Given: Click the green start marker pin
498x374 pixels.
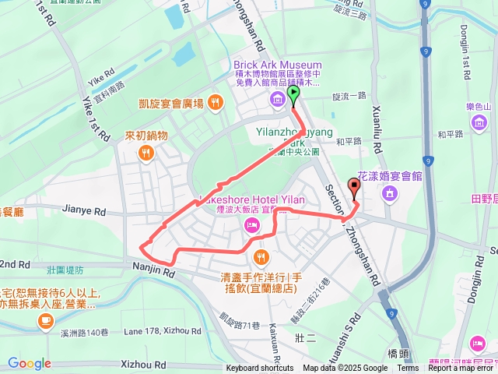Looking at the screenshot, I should click(x=293, y=94).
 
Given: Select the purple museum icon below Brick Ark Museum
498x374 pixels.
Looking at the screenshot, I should click(x=276, y=99).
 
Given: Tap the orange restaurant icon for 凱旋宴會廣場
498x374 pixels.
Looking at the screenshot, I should click(x=216, y=102).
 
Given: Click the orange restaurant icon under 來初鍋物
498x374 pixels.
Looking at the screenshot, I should click(x=146, y=153).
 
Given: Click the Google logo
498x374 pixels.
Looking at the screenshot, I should click(x=29, y=363).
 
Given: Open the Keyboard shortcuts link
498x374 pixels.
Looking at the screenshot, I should click(x=260, y=369).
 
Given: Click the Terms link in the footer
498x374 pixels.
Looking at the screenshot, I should click(x=408, y=369).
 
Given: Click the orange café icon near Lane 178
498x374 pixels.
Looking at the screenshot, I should click(x=46, y=319).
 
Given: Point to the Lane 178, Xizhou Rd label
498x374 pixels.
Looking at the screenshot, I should click(x=162, y=331).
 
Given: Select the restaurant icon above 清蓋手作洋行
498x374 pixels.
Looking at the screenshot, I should click(x=261, y=256).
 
